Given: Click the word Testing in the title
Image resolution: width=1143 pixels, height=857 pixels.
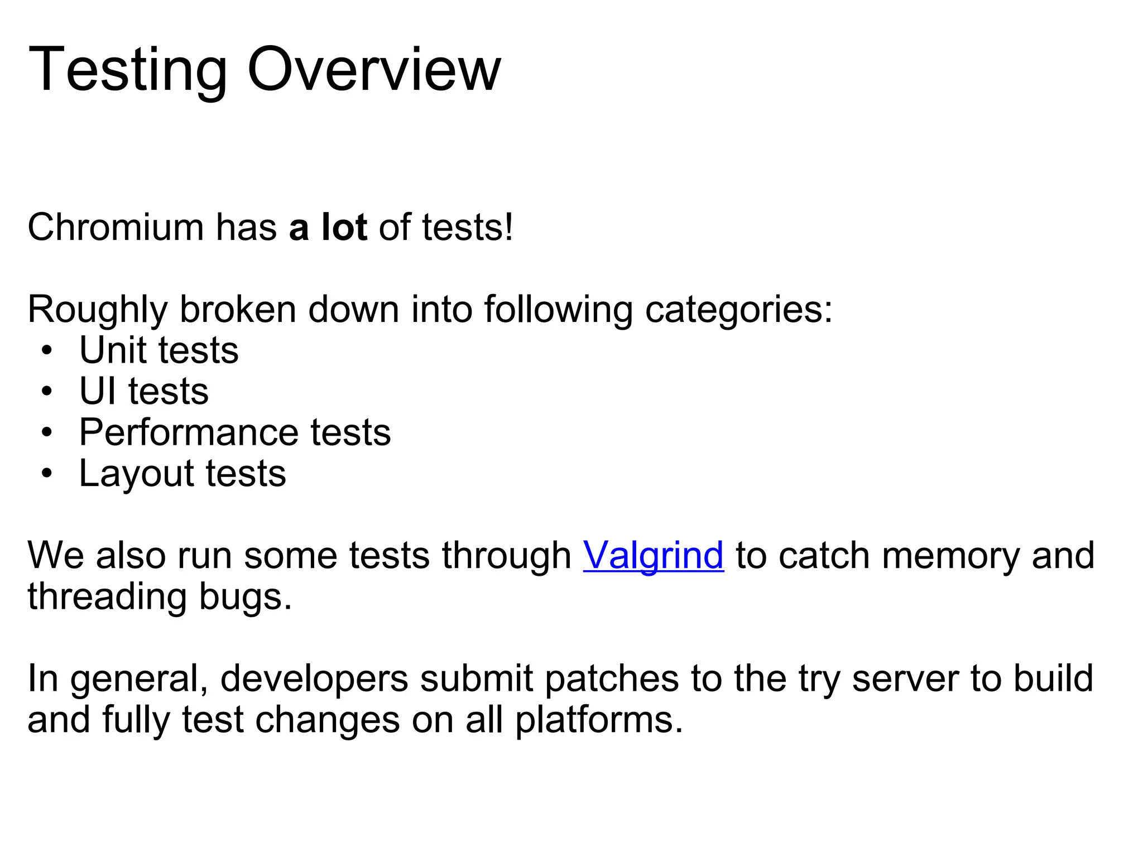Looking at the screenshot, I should pos(128,71).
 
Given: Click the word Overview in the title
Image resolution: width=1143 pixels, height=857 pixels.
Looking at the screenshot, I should pos(374,70).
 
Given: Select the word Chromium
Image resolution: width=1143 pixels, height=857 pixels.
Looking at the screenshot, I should pos(116,228).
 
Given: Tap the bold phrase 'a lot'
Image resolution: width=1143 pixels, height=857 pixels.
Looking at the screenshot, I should pos(328,228).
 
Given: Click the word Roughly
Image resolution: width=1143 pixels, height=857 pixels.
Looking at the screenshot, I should pos(97,310).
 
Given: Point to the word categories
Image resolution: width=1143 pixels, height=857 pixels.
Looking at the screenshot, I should pos(738,310).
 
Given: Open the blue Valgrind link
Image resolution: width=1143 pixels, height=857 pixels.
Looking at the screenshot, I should pos(653,556).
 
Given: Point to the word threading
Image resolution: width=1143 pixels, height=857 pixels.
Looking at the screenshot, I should pos(107,597).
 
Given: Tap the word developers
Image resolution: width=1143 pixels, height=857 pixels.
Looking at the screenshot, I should pos(314,679).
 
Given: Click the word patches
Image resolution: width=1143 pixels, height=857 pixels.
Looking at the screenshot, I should pos(611,679).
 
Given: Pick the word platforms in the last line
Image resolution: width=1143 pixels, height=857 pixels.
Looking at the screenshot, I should pos(599,720).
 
